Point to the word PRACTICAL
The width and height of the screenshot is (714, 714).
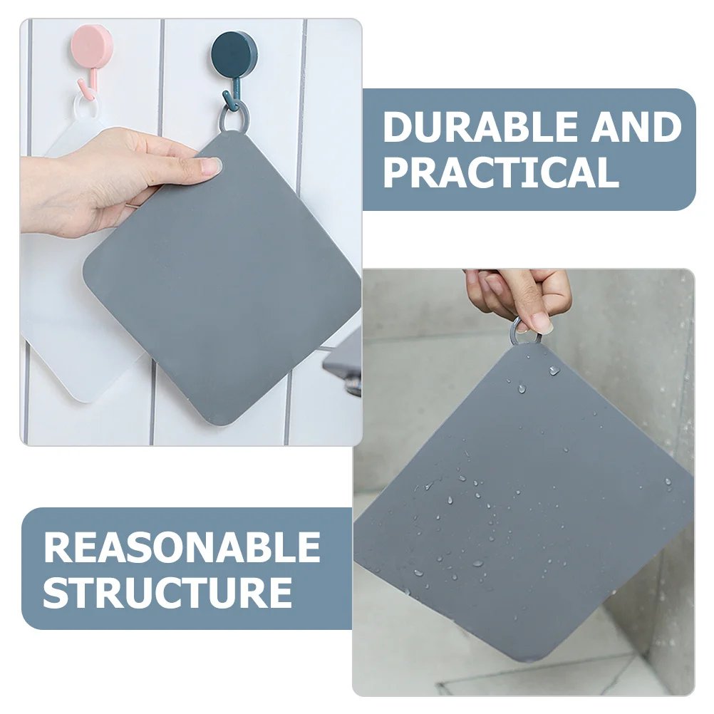pos(501,172)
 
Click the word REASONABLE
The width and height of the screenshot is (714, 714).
pos(182,547)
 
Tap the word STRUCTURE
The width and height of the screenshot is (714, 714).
pos(167,592)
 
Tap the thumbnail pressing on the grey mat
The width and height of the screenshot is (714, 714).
pos(211,166)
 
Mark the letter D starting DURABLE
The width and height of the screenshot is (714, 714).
pos(398,128)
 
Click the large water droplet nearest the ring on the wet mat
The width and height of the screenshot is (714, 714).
pos(554,370)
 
